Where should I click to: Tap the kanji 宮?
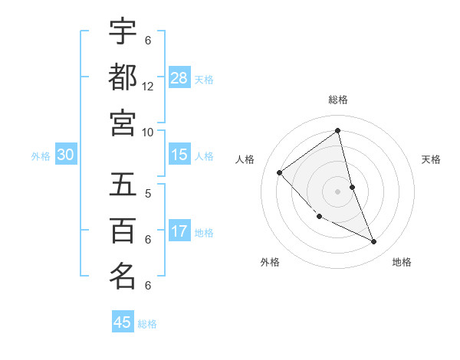(123, 123)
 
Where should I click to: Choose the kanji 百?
(123, 230)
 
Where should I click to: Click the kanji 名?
(123, 276)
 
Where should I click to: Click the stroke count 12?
(148, 87)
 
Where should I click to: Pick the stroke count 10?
(148, 132)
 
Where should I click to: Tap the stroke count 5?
(148, 194)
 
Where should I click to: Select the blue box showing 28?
(179, 77)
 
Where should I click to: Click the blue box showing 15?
(179, 155)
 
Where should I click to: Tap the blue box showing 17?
(179, 231)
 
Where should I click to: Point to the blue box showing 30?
(66, 155)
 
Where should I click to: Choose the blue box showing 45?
(123, 322)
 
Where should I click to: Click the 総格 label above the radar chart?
(338, 100)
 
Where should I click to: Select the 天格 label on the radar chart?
(432, 159)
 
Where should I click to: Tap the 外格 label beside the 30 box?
(41, 156)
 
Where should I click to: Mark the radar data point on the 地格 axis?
(374, 242)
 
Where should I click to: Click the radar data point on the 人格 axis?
(280, 172)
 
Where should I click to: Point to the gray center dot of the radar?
(338, 191)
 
